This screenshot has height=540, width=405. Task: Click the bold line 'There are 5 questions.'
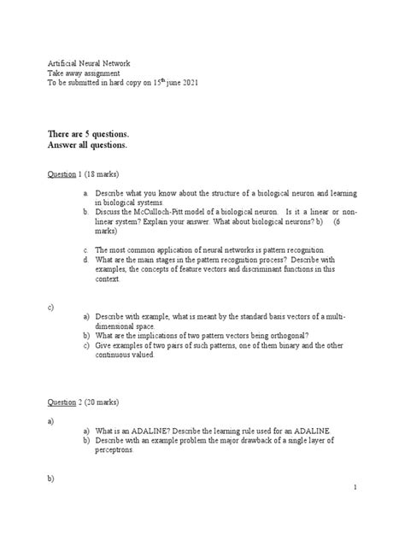88,134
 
